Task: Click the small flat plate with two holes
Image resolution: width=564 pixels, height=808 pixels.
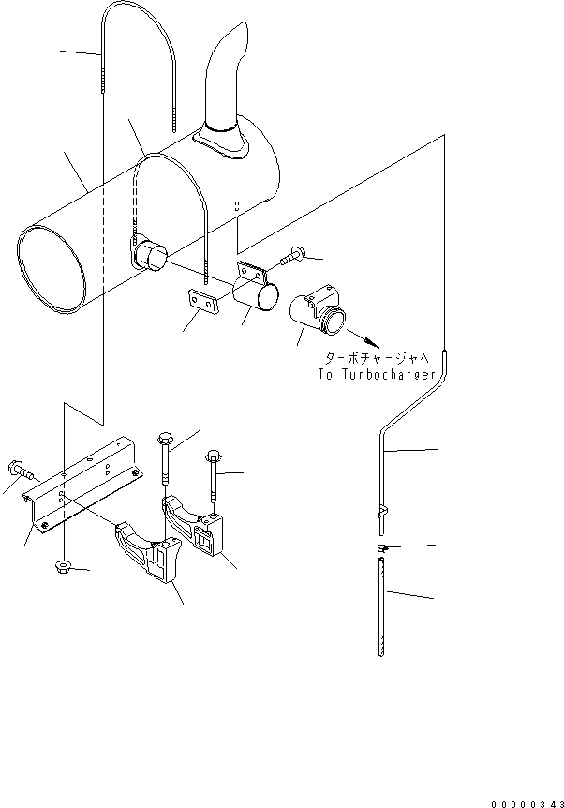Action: pyautogui.click(x=200, y=299)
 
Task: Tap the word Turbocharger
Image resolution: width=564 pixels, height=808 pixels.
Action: pyautogui.click(x=393, y=375)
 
